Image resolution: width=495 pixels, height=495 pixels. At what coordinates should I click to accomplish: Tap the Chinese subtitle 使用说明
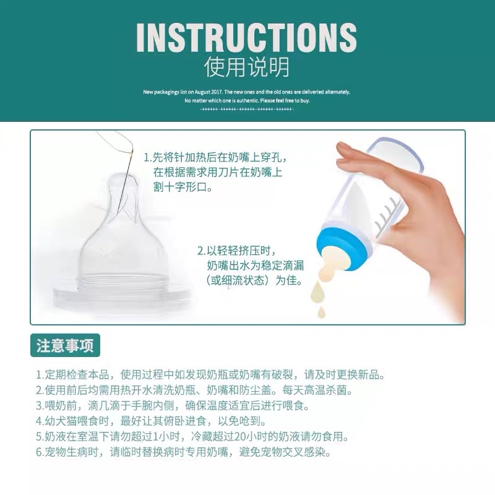[x=246, y=67]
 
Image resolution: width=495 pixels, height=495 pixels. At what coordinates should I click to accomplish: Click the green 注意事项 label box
[x=65, y=345]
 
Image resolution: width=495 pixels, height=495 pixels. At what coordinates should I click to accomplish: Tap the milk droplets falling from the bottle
[x=321, y=296]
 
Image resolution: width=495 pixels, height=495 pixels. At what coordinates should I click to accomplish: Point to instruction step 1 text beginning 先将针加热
[x=215, y=157]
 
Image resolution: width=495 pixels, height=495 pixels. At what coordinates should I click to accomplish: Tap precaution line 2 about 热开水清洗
[x=198, y=390]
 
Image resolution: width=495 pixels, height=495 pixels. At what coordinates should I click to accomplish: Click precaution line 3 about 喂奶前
[x=172, y=406]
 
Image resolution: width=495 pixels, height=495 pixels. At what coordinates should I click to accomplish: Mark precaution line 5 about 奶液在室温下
[x=192, y=437]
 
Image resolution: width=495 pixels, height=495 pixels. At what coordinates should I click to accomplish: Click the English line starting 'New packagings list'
[x=246, y=92]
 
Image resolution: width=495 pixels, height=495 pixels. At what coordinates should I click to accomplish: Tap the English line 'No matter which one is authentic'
[x=246, y=100]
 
